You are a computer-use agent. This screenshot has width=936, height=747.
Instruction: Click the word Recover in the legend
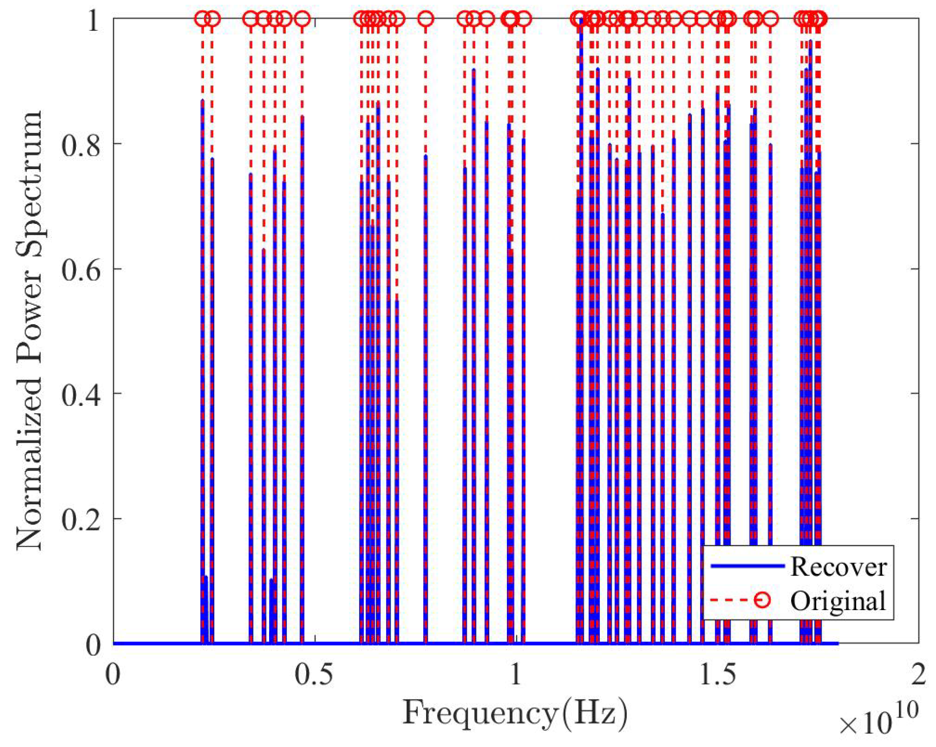point(838,567)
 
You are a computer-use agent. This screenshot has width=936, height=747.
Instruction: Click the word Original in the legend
point(838,601)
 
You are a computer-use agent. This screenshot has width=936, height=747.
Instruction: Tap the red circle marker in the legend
point(762,600)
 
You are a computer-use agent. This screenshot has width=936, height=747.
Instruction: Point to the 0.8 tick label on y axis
point(81,145)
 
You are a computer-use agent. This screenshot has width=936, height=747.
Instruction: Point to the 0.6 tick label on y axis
point(81,269)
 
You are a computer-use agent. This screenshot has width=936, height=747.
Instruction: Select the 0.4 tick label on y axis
point(81,394)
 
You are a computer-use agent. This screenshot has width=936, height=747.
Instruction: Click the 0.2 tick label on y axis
point(81,519)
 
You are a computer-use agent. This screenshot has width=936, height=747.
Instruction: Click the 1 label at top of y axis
point(93,21)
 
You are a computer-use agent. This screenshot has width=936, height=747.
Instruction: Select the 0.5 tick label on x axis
point(314,675)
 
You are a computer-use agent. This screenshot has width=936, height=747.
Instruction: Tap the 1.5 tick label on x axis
point(717,675)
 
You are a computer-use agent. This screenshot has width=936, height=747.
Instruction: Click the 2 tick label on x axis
point(918,675)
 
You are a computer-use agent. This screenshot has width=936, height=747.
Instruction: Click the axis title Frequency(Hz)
point(515,713)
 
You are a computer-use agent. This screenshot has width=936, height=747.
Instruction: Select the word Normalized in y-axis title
point(29,464)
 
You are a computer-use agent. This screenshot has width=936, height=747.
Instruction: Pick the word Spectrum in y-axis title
point(29,183)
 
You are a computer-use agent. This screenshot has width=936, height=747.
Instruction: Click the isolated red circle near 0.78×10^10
point(426,19)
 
